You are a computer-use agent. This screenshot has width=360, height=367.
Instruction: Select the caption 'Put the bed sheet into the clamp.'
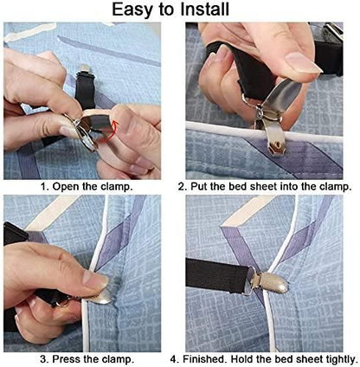click(x=265, y=186)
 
